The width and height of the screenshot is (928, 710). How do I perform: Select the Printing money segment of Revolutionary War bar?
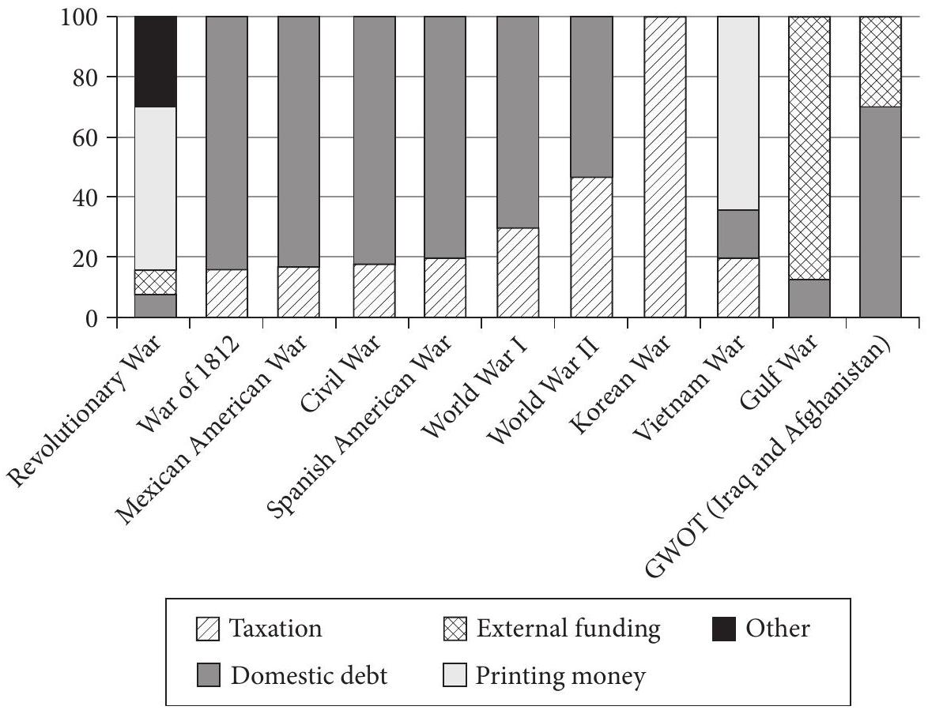pyautogui.click(x=155, y=189)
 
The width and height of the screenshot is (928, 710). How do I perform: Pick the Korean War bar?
pyautogui.click(x=665, y=167)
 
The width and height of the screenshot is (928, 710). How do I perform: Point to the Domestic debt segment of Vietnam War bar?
pyautogui.click(x=737, y=234)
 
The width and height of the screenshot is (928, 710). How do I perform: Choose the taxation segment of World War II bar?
pyautogui.click(x=592, y=248)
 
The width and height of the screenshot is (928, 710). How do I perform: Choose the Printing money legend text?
pyautogui.click(x=560, y=677)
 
